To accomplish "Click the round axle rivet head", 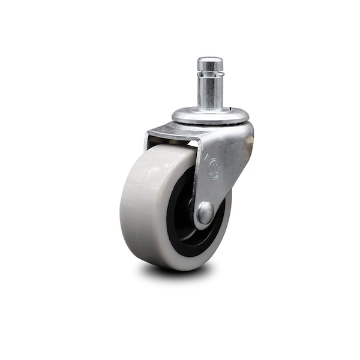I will click(205, 212).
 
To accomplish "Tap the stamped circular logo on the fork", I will click(214, 169).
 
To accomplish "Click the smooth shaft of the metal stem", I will click(210, 93).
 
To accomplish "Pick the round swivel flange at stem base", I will click(210, 115).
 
